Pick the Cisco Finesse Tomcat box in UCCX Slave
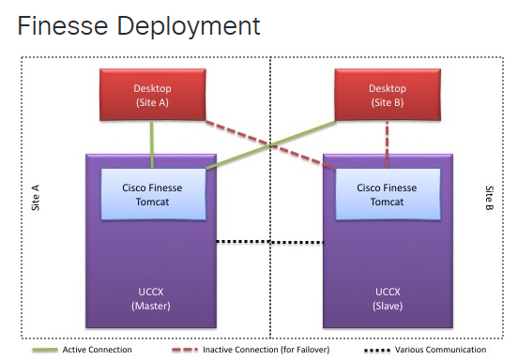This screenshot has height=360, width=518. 387,193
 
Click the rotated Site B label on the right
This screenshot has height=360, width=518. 488,198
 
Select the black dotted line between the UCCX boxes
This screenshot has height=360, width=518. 270,242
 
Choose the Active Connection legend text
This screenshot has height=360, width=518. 97,350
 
